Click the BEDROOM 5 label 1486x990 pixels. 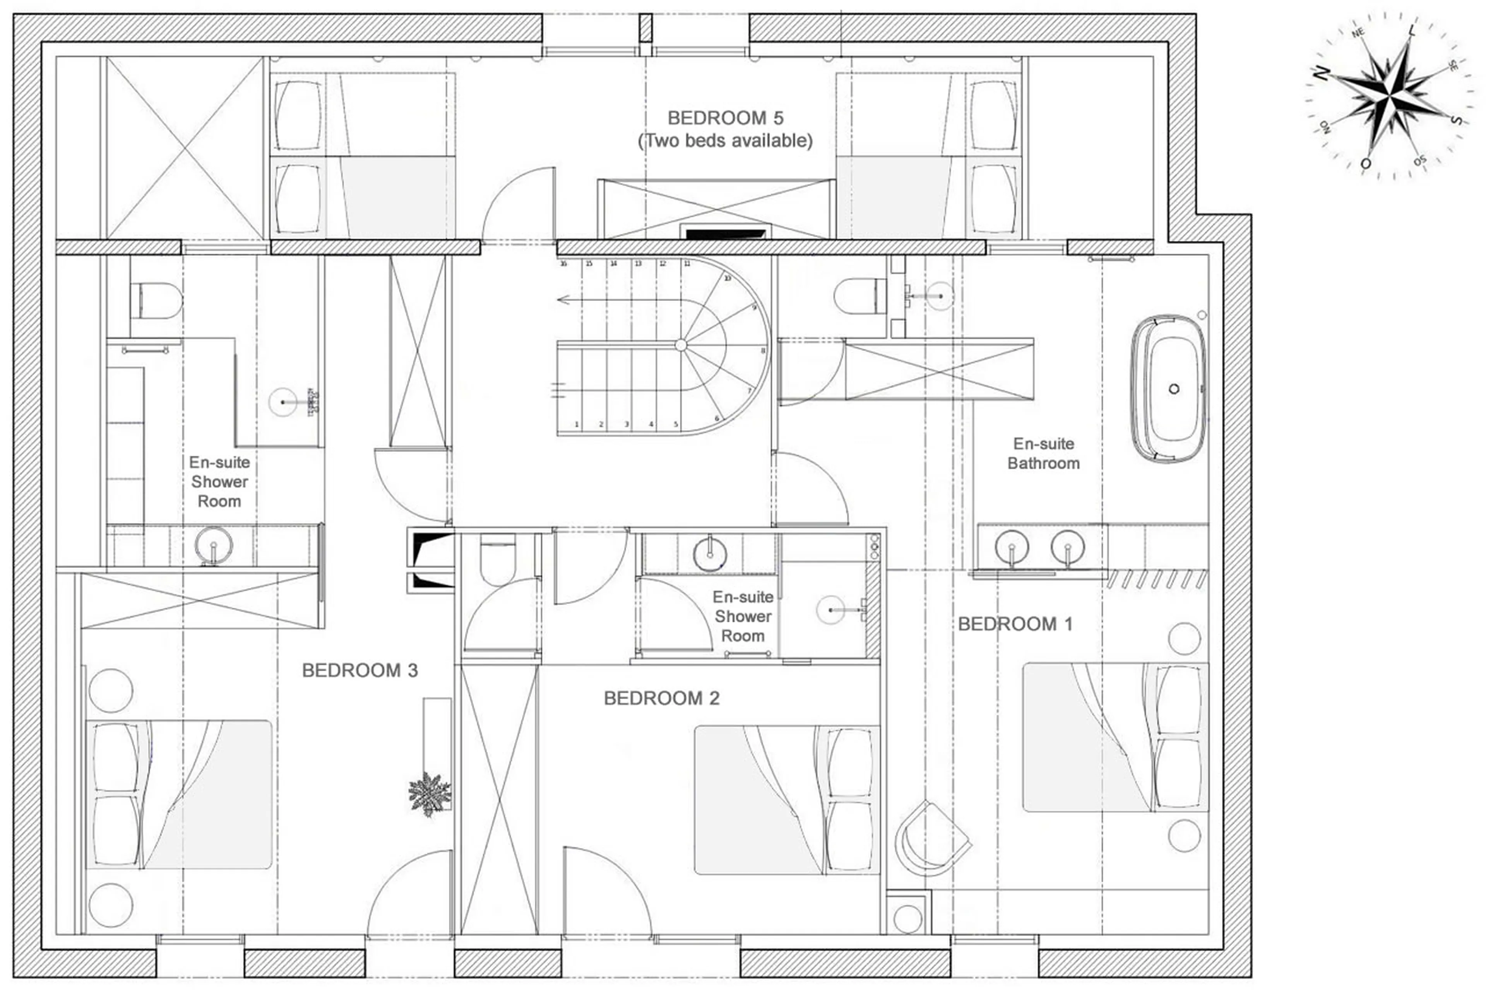coord(725,118)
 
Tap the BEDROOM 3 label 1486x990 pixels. coord(360,670)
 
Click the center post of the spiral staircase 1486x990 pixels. coord(680,345)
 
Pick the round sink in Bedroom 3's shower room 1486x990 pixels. coord(214,544)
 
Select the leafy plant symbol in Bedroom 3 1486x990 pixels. coord(430,793)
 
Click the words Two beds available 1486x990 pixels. coord(725,140)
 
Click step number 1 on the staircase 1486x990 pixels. coord(577,424)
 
